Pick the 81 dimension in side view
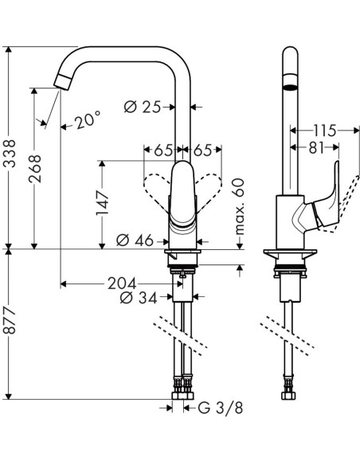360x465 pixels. point(316,147)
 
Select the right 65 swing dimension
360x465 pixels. point(201,149)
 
